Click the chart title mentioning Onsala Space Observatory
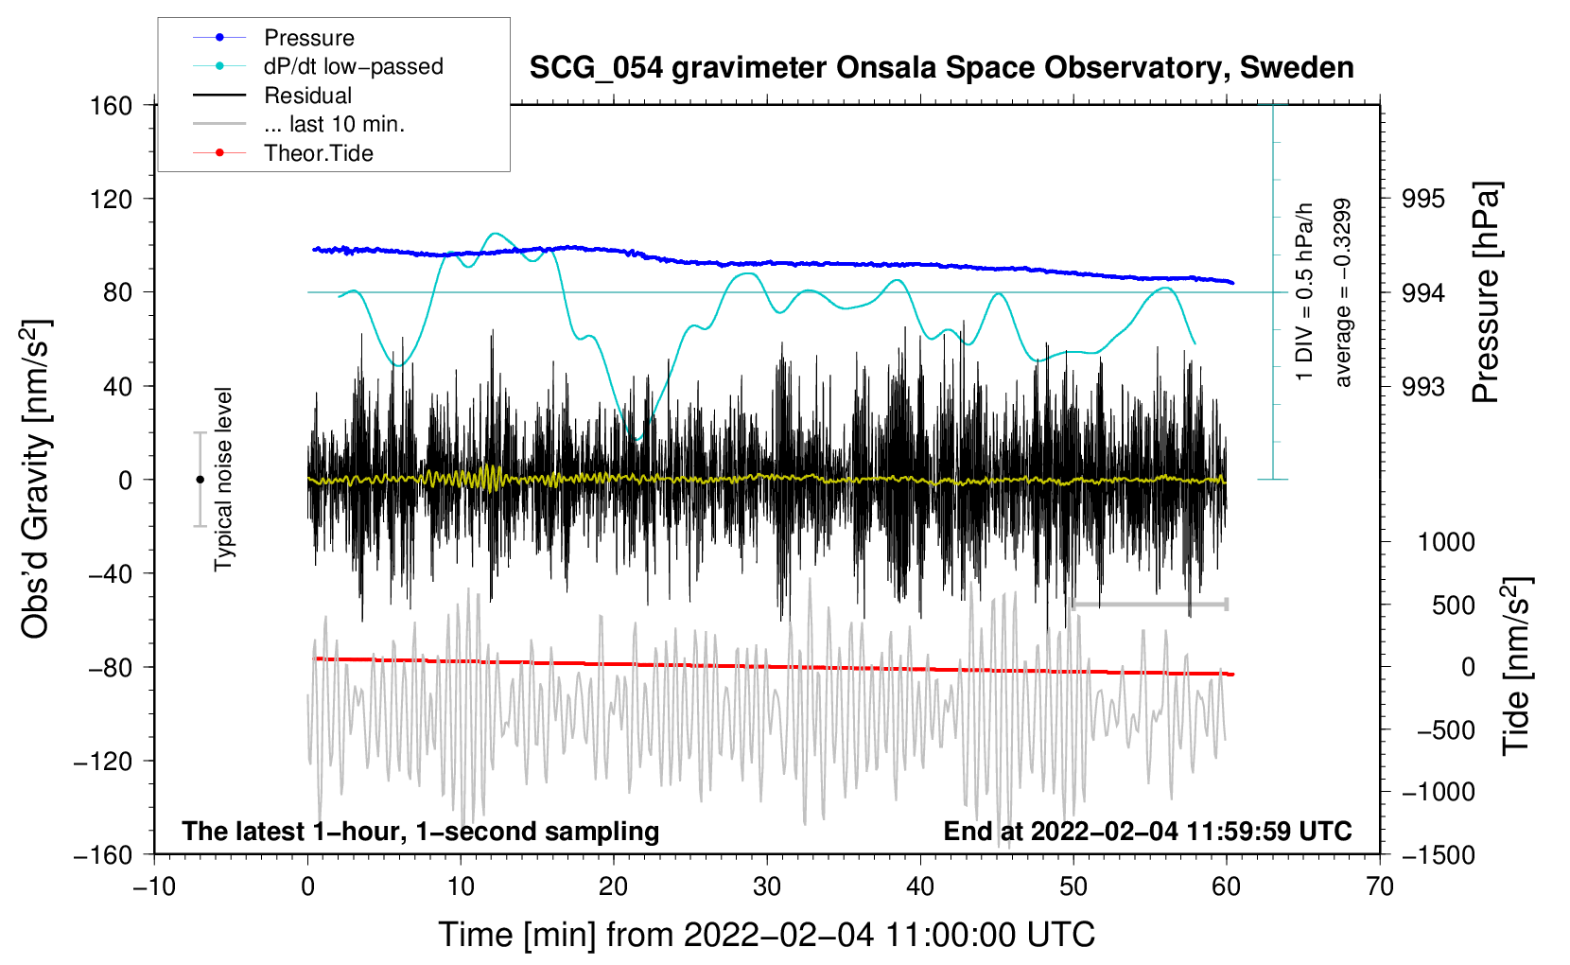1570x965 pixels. [941, 68]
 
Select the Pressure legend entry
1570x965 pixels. [308, 38]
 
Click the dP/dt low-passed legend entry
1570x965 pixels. [353, 66]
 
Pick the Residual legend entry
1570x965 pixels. [307, 96]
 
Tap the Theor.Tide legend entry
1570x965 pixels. [318, 153]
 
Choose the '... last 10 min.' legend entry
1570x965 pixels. [334, 124]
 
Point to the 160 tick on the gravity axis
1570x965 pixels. [112, 105]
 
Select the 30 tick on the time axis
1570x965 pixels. [767, 886]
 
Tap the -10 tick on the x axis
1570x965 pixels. [154, 886]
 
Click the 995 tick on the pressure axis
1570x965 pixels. [1423, 199]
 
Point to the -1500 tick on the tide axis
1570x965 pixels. [1438, 854]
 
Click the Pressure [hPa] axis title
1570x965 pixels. [1486, 292]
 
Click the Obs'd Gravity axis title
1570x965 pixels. [36, 479]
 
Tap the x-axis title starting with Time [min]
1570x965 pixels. [767, 935]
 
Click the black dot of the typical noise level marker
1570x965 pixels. [200, 480]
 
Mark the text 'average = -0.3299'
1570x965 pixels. [1343, 292]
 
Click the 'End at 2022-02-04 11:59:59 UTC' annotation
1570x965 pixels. [1147, 832]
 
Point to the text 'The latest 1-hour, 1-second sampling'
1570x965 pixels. [421, 832]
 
